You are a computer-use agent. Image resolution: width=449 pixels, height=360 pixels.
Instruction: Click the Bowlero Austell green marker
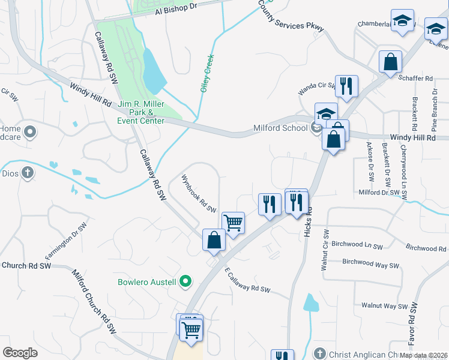pyautogui.click(x=186, y=281)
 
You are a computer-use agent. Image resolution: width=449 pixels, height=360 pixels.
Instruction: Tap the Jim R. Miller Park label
pyautogui.click(x=141, y=112)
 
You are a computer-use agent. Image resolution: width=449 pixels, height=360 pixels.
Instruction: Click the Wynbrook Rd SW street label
pyautogui.click(x=198, y=193)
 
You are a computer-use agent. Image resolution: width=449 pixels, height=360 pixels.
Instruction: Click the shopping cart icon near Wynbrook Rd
pyautogui.click(x=233, y=222)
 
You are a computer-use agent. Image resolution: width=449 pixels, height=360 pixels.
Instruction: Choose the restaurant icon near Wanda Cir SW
pyautogui.click(x=346, y=86)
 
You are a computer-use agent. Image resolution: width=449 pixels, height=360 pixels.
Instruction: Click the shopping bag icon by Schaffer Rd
pyautogui.click(x=390, y=61)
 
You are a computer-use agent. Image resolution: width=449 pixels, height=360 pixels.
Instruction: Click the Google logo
pyautogui.click(x=20, y=353)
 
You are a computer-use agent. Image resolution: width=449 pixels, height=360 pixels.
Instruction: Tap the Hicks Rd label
pyautogui.click(x=309, y=219)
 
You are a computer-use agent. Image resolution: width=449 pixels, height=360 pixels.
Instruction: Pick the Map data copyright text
pyautogui.click(x=423, y=355)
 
